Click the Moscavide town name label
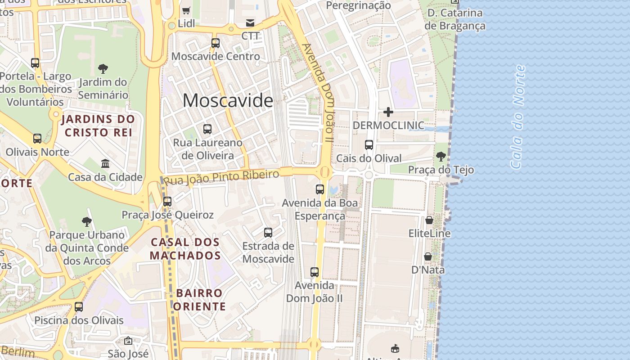click(x=228, y=100)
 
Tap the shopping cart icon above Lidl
click(x=186, y=10)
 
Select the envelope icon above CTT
click(x=250, y=23)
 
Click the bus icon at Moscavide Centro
click(x=216, y=43)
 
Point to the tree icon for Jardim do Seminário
click(x=103, y=69)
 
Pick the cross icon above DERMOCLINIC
click(x=388, y=112)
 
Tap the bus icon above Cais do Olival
click(x=369, y=145)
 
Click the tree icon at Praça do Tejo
click(x=441, y=157)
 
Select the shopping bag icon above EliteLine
click(x=429, y=220)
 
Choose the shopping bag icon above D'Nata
click(x=428, y=256)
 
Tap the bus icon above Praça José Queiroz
click(x=167, y=201)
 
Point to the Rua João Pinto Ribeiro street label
click(x=221, y=177)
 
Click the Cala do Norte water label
click(x=518, y=117)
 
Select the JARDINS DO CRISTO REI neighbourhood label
click(x=98, y=126)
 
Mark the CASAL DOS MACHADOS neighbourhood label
click(x=185, y=249)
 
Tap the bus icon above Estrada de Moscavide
click(x=268, y=233)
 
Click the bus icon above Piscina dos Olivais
click(x=79, y=307)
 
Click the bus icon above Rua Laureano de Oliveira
click(x=207, y=129)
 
